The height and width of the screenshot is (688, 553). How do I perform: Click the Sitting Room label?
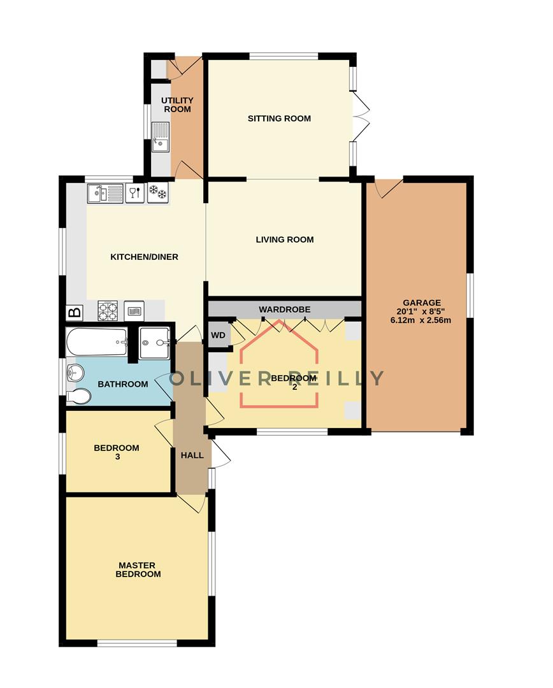pos(279,118)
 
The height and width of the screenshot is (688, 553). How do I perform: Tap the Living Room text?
pos(285,240)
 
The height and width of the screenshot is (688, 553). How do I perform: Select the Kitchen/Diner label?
pos(144,257)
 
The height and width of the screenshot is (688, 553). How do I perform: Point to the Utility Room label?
pos(177,105)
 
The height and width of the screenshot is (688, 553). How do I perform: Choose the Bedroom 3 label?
pos(116,452)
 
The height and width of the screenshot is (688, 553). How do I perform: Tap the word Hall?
pos(192,455)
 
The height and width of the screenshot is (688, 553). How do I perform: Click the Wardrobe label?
pos(284,310)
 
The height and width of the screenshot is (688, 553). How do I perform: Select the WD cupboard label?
pos(219,335)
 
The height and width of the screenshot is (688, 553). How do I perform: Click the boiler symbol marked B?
pos(75,313)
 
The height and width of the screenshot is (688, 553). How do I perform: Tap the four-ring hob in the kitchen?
pos(108,311)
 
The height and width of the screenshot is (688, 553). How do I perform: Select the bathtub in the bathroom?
pos(97,343)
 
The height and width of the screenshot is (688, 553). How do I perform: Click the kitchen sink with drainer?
pos(106,193)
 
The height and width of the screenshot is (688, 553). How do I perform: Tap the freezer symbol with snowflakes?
pos(157,192)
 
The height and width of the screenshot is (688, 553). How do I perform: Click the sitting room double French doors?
pos(360,118)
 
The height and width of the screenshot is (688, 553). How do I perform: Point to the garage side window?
pos(470,295)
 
